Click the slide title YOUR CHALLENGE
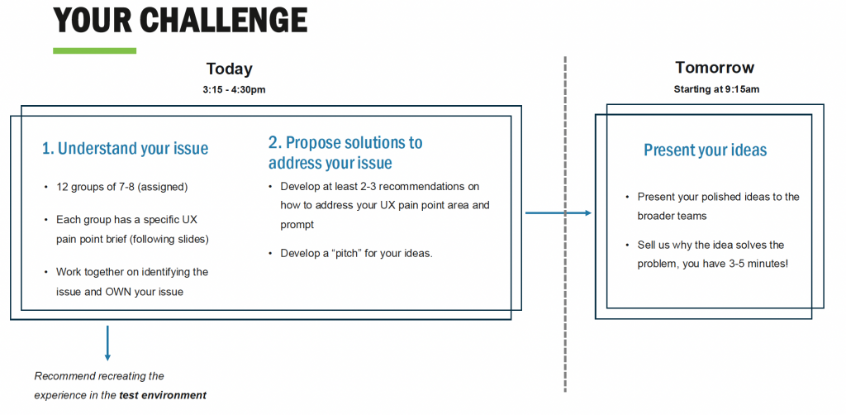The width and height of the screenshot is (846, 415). tap(180, 21)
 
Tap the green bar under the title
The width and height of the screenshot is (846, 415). tap(94, 50)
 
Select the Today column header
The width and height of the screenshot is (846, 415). tap(230, 69)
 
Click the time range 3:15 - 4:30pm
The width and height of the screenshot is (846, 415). tap(234, 89)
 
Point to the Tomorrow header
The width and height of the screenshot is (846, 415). tap(715, 68)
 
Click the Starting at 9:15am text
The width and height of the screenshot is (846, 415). tap(716, 89)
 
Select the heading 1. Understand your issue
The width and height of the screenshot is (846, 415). tap(126, 149)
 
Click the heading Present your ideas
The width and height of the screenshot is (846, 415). tap(706, 150)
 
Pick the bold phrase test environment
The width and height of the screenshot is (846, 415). tap(163, 395)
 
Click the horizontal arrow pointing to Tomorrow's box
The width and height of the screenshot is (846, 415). tap(558, 213)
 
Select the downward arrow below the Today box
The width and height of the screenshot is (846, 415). tap(107, 343)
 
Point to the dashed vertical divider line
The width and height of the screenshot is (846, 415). tap(565, 223)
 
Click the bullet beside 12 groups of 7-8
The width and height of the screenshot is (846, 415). tap(46, 188)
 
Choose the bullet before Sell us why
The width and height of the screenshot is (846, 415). tap(627, 246)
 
